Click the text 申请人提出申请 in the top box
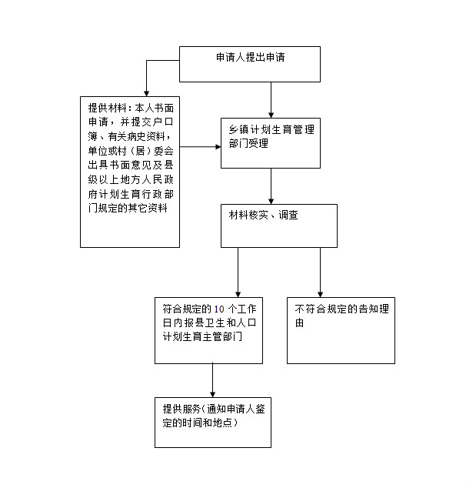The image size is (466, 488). coord(250,57)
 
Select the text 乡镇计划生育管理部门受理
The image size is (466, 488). coord(271,136)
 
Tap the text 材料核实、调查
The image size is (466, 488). coord(263,215)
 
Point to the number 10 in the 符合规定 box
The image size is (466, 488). coord(219,309)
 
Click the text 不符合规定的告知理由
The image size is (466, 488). coord(341,316)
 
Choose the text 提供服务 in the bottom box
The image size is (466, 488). coord(181,409)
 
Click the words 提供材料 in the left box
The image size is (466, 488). coord(107,108)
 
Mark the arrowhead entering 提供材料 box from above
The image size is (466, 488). coord(146,93)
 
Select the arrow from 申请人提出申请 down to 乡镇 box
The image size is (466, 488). coord(271,100)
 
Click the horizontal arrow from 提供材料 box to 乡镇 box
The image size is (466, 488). coord(200,146)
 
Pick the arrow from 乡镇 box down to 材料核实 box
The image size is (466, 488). coord(271,186)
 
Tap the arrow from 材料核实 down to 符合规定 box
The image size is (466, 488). coord(238,272)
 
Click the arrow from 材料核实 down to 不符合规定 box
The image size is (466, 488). coord(320,272)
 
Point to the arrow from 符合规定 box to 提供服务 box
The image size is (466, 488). coord(213,380)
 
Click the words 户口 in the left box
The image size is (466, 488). coord(163,122)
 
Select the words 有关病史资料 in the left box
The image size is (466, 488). coord(136,136)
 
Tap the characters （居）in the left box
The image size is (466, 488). coord(140,151)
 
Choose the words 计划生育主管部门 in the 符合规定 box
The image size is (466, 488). coord(202,336)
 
